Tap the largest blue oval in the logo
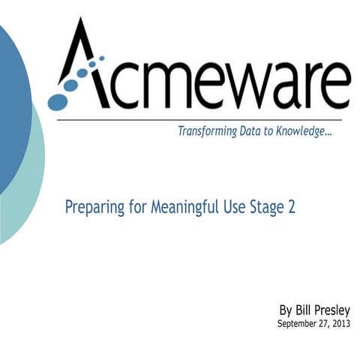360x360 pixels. (x=58, y=98)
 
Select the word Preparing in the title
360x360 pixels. (x=93, y=206)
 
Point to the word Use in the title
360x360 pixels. (x=231, y=206)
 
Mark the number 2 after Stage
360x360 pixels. (x=291, y=206)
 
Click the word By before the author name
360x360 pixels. (x=286, y=310)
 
